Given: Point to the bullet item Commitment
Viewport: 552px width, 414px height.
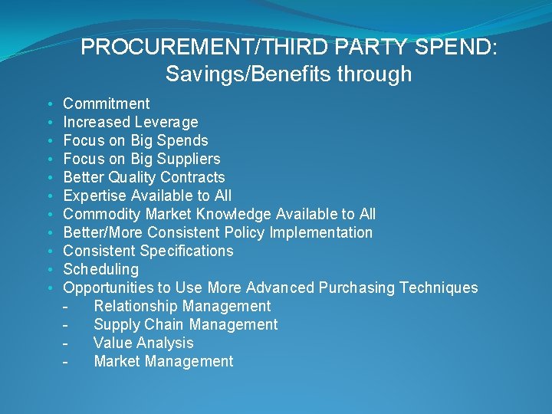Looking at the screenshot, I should (106, 103).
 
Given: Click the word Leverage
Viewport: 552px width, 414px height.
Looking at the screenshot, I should (166, 122).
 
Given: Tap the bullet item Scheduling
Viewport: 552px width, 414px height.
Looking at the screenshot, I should (100, 269).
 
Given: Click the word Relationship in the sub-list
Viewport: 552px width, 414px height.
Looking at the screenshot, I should (139, 306).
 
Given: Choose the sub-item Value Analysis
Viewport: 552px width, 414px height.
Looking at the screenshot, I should (143, 343).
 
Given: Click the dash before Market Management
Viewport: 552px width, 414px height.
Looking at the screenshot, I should (67, 361).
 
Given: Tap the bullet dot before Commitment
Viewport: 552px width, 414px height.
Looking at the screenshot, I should (49, 103).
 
